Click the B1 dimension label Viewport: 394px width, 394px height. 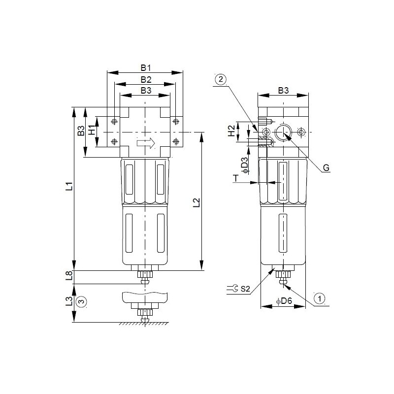click(x=145, y=67)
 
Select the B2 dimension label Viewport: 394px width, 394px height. click(x=145, y=79)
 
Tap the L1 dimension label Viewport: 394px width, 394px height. click(x=69, y=187)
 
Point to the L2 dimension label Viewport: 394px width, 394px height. click(x=196, y=202)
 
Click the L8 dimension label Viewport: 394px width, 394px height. click(x=69, y=276)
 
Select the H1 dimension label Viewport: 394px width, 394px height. click(x=91, y=131)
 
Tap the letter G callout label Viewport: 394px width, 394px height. click(x=326, y=168)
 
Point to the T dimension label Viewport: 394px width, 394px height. click(x=236, y=179)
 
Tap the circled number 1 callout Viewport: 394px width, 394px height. click(x=319, y=297)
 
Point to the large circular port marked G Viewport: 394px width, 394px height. click(x=283, y=132)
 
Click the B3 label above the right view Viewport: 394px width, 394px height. click(x=283, y=91)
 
